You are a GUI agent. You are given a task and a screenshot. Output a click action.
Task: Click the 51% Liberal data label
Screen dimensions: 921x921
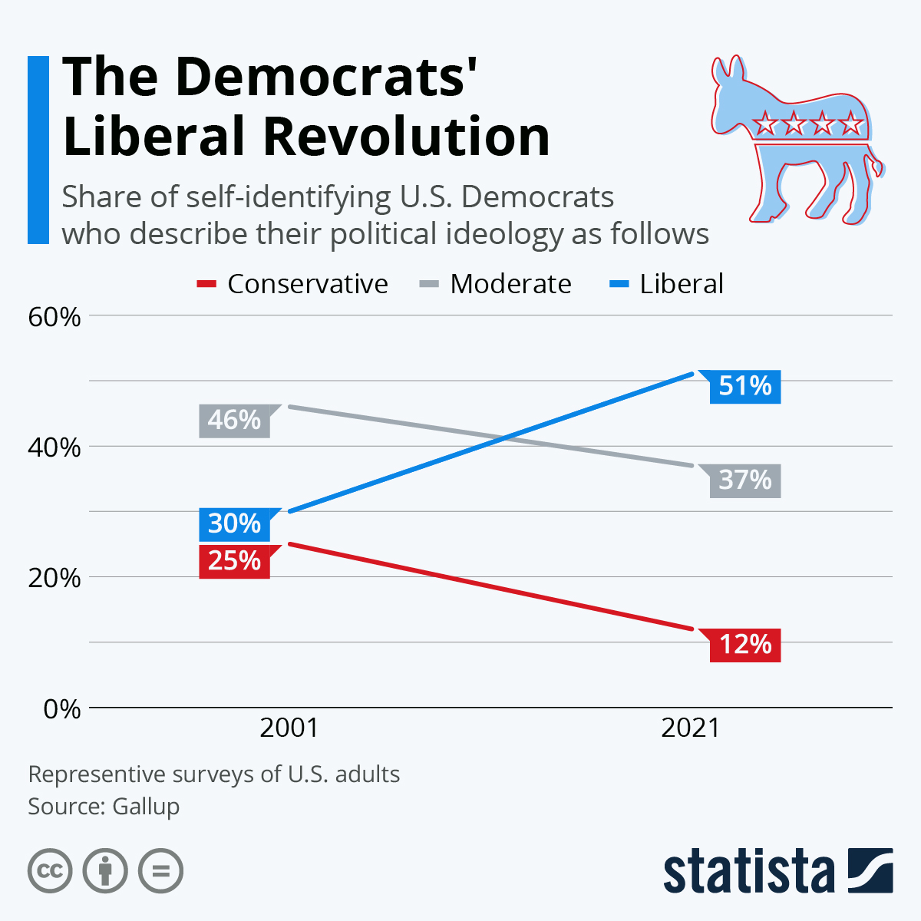coord(744,385)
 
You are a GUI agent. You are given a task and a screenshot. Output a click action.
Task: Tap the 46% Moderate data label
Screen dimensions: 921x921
coord(234,421)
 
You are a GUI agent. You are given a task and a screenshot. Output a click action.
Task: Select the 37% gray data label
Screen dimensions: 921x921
coord(744,480)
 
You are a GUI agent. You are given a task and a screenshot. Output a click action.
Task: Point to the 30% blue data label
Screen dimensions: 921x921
coord(234,523)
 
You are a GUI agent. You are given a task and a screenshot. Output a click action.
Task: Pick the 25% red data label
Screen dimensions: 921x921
coord(234,561)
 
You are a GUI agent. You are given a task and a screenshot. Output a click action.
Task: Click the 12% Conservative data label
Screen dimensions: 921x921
coord(744,644)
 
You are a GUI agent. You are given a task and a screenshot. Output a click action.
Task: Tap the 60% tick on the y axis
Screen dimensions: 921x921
coord(54,316)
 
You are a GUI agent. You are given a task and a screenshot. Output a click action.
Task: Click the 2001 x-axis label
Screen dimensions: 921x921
coord(289,728)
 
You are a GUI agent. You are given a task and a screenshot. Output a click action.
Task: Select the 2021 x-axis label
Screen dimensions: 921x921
coord(690,728)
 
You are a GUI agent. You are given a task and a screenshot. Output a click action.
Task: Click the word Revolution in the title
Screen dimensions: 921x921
coord(406,137)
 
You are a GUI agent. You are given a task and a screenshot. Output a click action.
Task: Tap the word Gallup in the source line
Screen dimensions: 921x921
coord(146,807)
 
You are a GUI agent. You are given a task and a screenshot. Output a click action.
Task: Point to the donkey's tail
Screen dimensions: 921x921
coord(874,167)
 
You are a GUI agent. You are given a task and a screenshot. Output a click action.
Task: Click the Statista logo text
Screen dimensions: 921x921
coord(748,871)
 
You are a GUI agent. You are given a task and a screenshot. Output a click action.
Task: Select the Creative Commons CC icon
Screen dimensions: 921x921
coord(50,871)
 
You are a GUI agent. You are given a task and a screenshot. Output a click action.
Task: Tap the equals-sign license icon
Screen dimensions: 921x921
coord(160,871)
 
